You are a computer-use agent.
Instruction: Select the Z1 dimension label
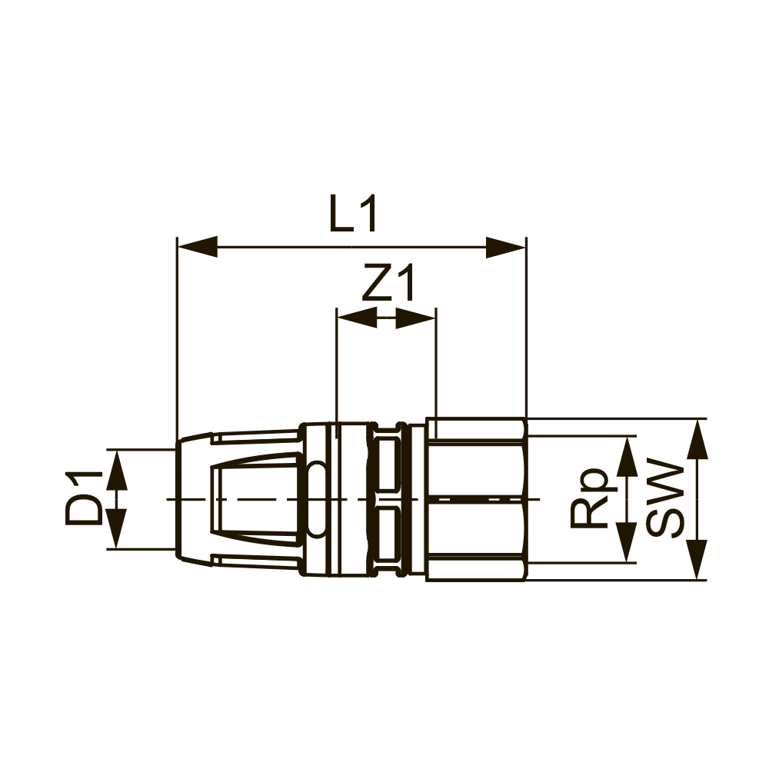388,285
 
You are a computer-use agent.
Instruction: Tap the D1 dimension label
84,499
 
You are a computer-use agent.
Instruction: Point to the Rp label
592,499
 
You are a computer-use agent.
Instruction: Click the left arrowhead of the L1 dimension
197,248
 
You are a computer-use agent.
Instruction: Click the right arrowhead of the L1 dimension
507,248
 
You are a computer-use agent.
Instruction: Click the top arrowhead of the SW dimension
697,439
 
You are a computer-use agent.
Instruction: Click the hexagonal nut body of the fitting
475,499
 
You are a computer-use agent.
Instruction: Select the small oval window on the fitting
317,499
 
